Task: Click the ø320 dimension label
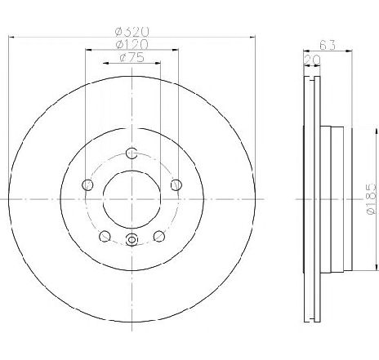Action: pos(132,32)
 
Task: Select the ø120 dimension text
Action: pos(132,45)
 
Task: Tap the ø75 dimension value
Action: pos(132,57)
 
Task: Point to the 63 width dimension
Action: pos(328,45)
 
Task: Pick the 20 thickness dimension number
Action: pos(312,60)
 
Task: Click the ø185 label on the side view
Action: pos(372,198)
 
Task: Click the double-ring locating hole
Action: pos(132,240)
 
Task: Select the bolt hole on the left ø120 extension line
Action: pos(87,185)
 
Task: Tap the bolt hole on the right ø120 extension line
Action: pos(176,185)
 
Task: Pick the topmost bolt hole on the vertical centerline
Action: pos(132,153)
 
